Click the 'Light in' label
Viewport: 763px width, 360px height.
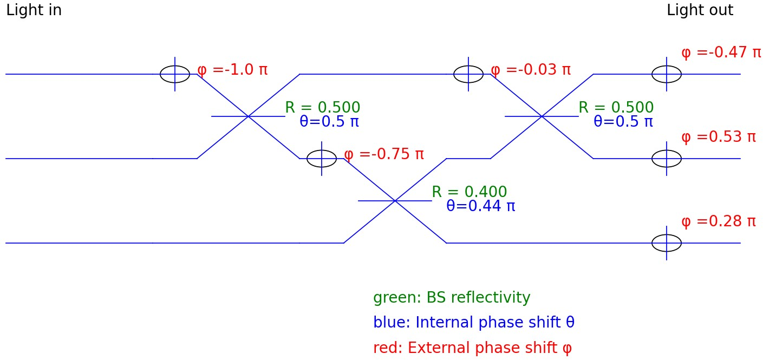tap(34, 10)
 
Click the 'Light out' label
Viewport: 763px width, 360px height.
tap(700, 10)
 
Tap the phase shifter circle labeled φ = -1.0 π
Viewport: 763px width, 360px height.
tap(175, 74)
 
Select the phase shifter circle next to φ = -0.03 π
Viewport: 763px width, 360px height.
tap(468, 74)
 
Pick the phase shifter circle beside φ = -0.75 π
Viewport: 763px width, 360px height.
tap(322, 159)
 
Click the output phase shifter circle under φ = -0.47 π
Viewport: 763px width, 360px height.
tap(667, 74)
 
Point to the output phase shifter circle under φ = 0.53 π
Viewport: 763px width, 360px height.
tap(667, 159)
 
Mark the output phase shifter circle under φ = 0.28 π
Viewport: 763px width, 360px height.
tap(667, 243)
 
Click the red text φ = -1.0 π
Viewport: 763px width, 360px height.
tap(232, 70)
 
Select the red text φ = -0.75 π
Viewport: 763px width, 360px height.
tap(384, 154)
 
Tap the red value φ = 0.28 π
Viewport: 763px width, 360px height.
tap(718, 221)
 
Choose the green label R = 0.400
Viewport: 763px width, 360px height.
tap(469, 192)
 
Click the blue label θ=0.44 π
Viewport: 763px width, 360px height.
tap(480, 206)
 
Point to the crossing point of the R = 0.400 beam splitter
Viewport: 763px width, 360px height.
tap(395, 201)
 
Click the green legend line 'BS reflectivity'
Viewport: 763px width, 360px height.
tap(452, 298)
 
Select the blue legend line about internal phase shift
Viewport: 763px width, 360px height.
tap(474, 323)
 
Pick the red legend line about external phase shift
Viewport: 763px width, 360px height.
tap(472, 348)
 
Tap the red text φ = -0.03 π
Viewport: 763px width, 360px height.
tap(531, 70)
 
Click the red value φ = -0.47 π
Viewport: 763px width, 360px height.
tap(721, 53)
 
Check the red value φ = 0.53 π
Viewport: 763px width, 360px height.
tap(718, 137)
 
